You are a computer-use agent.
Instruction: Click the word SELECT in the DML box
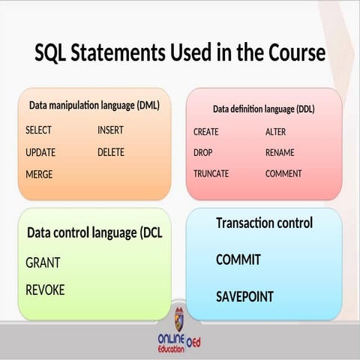coord(38,130)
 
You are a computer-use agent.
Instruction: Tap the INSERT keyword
coord(110,130)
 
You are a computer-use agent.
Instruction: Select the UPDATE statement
coord(40,152)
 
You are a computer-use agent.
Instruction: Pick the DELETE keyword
coord(111,152)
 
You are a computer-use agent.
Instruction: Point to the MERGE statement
coord(38,174)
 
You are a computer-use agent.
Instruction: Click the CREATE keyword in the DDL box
coord(206,132)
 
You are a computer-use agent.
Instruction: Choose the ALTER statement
coord(275,132)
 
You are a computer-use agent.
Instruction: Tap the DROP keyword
coord(203,153)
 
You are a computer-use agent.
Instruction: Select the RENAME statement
coord(280,153)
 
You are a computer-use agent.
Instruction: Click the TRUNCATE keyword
coord(211,174)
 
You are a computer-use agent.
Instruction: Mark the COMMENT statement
coord(283,174)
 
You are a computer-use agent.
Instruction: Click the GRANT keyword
coord(43,263)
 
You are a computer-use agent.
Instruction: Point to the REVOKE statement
coord(45,289)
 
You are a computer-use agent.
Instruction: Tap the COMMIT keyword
coord(238,260)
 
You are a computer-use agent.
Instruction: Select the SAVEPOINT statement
coord(244,296)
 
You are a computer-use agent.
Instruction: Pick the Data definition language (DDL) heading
coord(263,109)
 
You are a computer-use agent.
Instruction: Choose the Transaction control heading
coord(264,223)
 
